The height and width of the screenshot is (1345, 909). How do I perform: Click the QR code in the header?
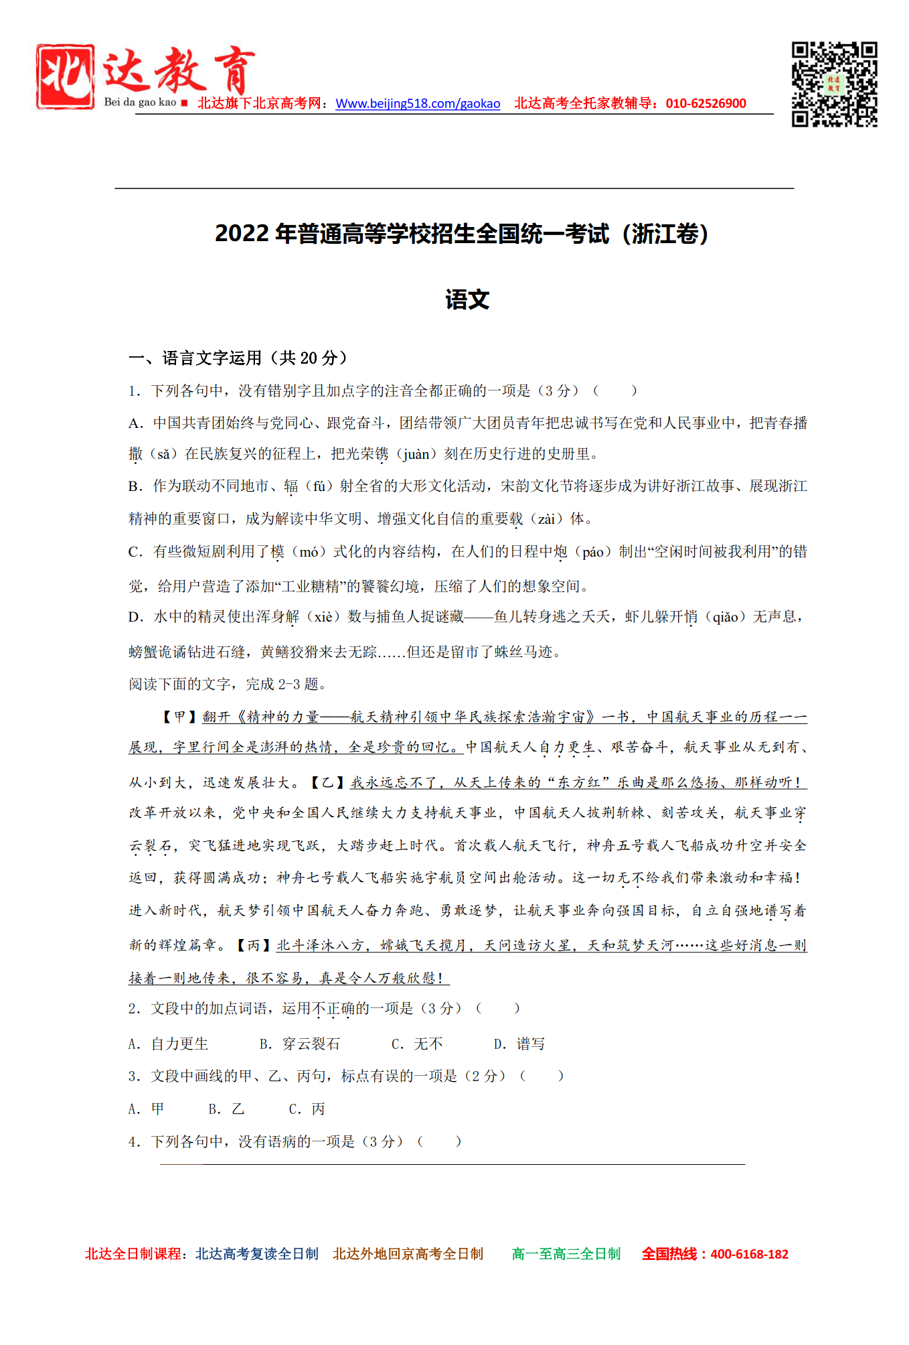point(834,84)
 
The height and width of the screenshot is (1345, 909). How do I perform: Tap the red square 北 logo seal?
point(65,76)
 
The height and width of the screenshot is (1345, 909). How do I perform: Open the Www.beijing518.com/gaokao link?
point(418,104)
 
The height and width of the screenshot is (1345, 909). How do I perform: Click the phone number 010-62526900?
point(706,104)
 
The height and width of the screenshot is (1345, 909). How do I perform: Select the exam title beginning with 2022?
point(462,234)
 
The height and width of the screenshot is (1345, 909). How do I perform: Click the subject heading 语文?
point(467,299)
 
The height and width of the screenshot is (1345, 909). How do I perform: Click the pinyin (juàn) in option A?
point(416,454)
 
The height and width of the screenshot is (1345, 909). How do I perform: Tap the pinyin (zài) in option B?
point(546,519)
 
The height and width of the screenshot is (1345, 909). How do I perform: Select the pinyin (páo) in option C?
point(593,552)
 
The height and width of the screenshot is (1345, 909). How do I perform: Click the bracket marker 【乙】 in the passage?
point(327,782)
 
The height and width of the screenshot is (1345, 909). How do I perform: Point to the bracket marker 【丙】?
point(254,945)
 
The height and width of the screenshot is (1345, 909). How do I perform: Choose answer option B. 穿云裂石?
point(300,1044)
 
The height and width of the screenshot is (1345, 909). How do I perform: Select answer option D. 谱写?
point(519,1044)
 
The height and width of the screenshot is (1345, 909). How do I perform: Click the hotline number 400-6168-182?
point(749,1255)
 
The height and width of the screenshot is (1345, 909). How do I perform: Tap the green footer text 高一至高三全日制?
point(566,1254)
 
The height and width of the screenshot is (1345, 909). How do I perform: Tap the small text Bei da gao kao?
point(140,102)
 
